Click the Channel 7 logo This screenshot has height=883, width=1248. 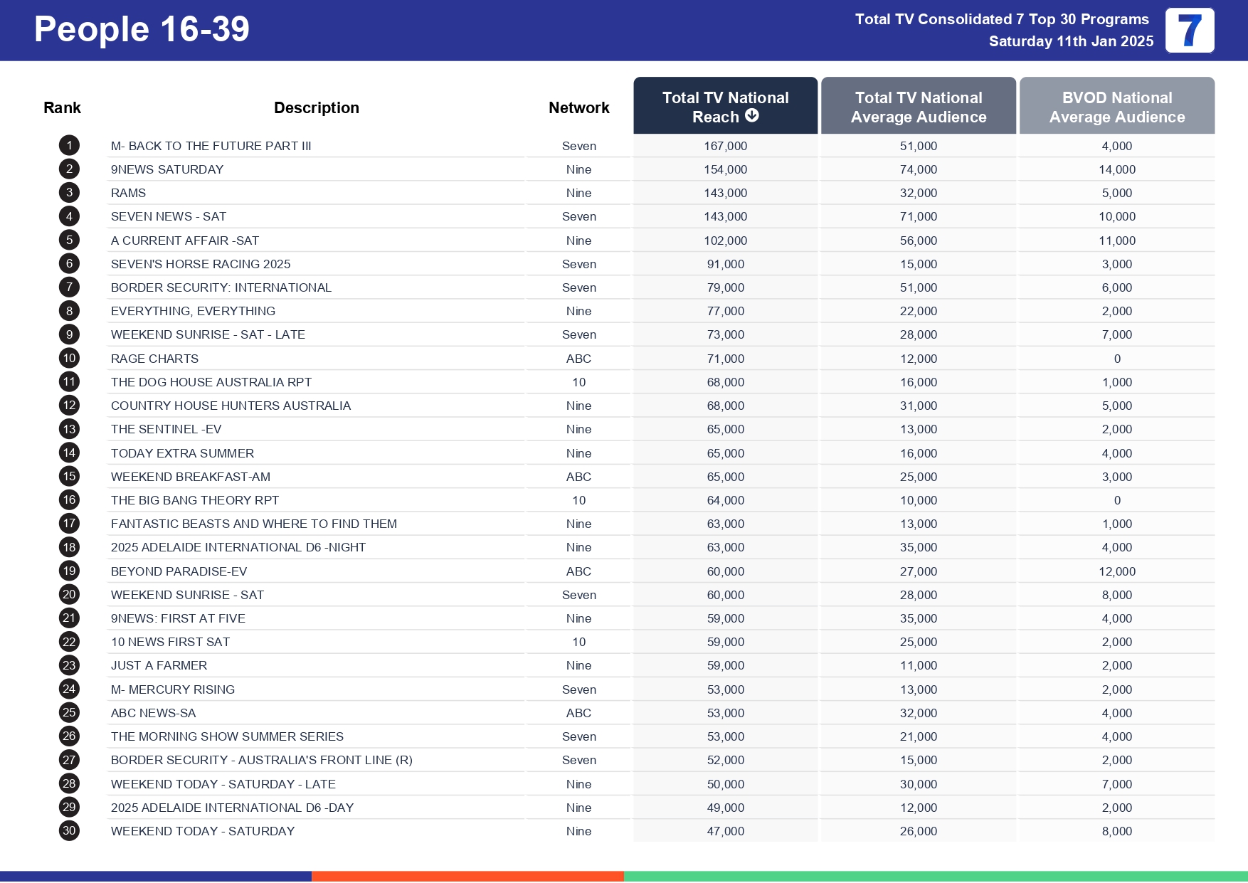coord(1190,31)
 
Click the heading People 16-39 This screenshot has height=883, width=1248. coord(142,30)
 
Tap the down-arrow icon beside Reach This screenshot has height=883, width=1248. coord(752,116)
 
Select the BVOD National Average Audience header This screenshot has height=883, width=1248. coord(1117,107)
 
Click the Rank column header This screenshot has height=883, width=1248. coord(62,107)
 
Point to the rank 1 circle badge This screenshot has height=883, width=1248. coord(69,146)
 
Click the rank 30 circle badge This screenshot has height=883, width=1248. coord(69,831)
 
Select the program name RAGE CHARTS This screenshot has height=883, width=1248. coord(154,359)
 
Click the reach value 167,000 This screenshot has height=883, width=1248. coord(725,146)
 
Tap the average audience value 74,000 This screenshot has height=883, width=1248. coord(918,169)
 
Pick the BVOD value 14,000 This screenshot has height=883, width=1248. coord(1117,169)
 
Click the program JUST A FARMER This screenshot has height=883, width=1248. coord(159,665)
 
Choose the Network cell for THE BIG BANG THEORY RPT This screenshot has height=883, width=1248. coord(578,500)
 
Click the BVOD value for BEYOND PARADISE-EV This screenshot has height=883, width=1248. coord(1117,571)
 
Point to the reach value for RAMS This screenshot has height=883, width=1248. coord(725,193)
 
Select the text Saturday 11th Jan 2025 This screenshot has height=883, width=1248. coord(1071,41)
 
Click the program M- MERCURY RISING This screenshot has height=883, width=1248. coord(172,689)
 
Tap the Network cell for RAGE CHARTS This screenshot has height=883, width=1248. coord(578,359)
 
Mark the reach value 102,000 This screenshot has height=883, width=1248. coord(725,240)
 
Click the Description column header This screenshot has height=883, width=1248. coord(317,107)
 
